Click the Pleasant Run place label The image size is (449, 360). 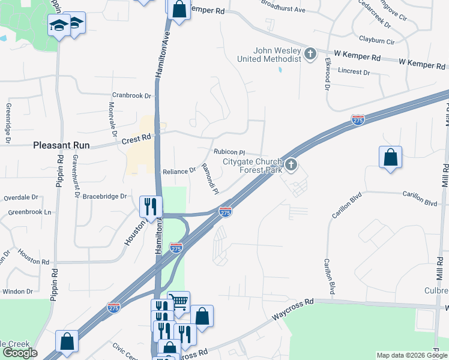(61, 145)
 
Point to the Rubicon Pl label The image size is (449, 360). (231, 152)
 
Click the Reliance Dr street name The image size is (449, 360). (179, 171)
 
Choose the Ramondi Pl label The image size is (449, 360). (209, 179)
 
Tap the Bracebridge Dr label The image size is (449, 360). (105, 196)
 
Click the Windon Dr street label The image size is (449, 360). (17, 291)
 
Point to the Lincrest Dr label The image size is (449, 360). (354, 71)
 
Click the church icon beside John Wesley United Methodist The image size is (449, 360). (310, 55)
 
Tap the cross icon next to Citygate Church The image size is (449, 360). (292, 164)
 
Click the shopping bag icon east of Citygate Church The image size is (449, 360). (390, 158)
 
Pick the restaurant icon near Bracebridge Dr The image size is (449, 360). (151, 206)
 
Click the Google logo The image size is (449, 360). (20, 353)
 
